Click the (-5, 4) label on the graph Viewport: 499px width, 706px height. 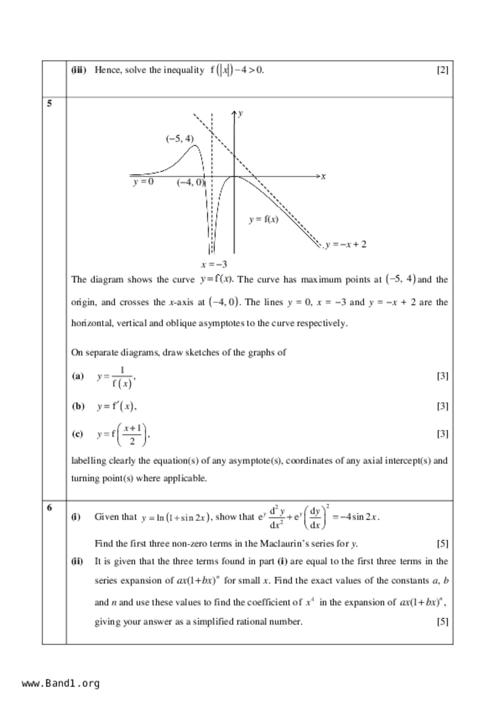[x=180, y=139]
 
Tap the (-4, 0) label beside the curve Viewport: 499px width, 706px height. [x=190, y=182]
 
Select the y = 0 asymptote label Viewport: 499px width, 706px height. [x=143, y=182]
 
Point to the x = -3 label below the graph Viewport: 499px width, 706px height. [x=214, y=264]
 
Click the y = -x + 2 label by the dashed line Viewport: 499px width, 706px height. [x=346, y=244]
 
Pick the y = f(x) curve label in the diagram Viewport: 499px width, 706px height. [x=263, y=219]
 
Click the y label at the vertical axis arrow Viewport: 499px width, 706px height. [x=240, y=113]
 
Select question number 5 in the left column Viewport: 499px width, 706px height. [x=50, y=103]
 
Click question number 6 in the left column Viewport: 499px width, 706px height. [x=50, y=508]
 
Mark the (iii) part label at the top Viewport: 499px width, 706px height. [x=79, y=70]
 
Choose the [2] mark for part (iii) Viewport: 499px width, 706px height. [x=442, y=70]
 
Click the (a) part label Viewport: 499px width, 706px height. [x=78, y=376]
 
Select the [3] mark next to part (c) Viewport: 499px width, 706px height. [x=442, y=434]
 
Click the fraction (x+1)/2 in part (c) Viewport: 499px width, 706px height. [x=132, y=434]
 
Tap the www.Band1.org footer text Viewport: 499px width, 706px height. [x=60, y=683]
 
